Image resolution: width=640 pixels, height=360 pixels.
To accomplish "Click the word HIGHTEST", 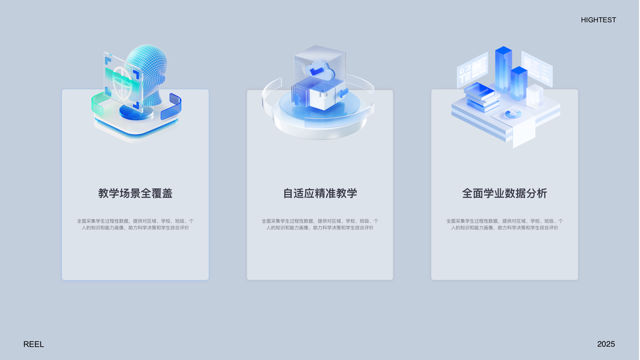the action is click(x=598, y=20).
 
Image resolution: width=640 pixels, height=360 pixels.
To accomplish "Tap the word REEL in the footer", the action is click(x=34, y=344).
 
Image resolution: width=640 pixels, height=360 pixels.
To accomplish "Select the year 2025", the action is click(x=606, y=344).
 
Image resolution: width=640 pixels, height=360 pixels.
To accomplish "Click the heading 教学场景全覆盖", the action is click(x=136, y=193).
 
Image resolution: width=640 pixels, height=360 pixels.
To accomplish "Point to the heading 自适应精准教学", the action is click(x=320, y=193).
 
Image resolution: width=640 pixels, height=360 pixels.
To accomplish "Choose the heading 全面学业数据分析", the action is click(x=504, y=193).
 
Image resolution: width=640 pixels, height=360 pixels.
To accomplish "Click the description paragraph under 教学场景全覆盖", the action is click(x=136, y=224).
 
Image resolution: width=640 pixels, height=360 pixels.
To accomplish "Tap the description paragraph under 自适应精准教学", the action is click(x=320, y=224).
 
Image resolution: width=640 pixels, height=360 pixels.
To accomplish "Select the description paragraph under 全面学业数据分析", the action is click(x=504, y=224).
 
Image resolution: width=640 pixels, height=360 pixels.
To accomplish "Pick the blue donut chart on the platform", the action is click(x=513, y=113).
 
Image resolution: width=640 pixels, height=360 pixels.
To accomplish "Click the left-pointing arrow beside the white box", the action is click(x=343, y=93).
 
